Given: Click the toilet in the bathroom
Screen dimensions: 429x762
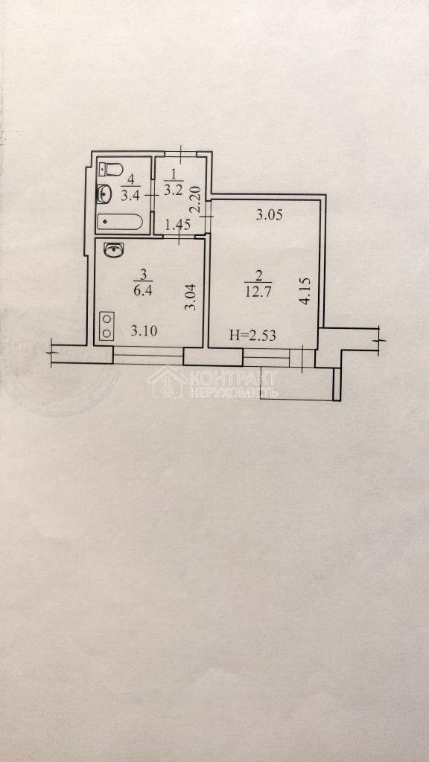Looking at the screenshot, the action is pyautogui.click(x=111, y=170).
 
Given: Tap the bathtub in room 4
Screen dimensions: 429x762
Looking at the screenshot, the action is pyautogui.click(x=120, y=222).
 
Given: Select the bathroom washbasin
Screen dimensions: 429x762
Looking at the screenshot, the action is pyautogui.click(x=104, y=194).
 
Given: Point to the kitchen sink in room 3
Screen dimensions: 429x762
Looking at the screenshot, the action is pyautogui.click(x=114, y=250).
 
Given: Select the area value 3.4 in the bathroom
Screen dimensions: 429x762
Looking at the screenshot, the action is pyautogui.click(x=131, y=196).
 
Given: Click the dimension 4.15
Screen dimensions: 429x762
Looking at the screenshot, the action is pyautogui.click(x=305, y=291).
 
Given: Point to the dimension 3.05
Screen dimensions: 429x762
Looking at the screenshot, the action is pyautogui.click(x=270, y=215).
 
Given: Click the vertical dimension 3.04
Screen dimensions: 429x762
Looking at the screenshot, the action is pyautogui.click(x=192, y=297).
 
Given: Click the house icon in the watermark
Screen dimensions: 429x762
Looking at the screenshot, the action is pyautogui.click(x=166, y=382).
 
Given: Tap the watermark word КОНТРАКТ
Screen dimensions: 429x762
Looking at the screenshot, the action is pyautogui.click(x=234, y=377).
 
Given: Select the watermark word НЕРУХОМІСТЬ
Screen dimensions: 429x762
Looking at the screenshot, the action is pyautogui.click(x=234, y=392).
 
